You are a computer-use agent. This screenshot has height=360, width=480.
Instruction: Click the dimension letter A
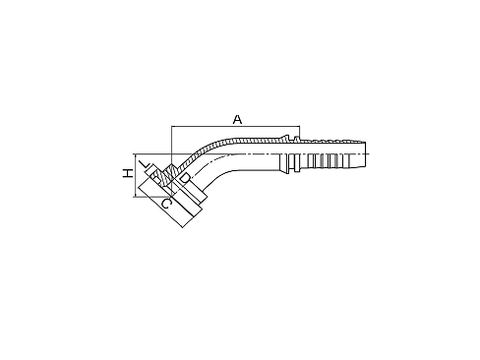pyautogui.click(x=237, y=119)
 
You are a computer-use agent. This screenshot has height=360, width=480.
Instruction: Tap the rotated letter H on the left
pyautogui.click(x=128, y=173)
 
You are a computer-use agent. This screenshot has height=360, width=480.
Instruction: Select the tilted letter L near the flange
pyautogui.click(x=145, y=164)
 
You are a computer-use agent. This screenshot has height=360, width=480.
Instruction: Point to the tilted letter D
pyautogui.click(x=185, y=178)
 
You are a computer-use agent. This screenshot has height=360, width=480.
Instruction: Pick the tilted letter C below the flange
pyautogui.click(x=166, y=204)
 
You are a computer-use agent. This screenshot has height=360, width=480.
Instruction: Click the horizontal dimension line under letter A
pyautogui.click(x=235, y=126)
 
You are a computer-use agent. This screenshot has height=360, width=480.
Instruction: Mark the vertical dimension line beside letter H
pyautogui.click(x=135, y=175)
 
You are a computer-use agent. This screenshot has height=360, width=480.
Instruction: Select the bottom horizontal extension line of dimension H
pyautogui.click(x=151, y=197)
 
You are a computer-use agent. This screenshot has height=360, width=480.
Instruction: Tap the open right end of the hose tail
pyautogui.click(x=366, y=154)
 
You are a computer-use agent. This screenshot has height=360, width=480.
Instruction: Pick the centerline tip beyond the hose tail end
pyautogui.click(x=370, y=153)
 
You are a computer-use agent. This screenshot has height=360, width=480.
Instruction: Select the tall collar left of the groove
pyautogui.click(x=287, y=153)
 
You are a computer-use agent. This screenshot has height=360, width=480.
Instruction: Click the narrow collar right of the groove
pyautogui.click(x=297, y=154)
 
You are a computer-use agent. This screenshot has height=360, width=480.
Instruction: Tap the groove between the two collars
pyautogui.click(x=292, y=154)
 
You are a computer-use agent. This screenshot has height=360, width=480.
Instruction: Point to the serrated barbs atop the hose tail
pyautogui.click(x=332, y=141)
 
